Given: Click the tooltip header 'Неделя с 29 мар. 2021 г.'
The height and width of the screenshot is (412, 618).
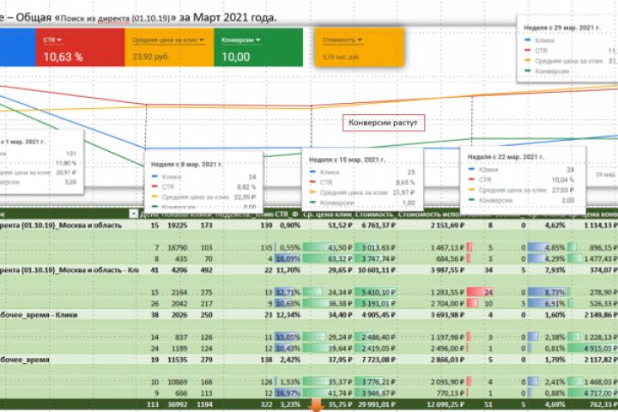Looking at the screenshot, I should click(x=563, y=27).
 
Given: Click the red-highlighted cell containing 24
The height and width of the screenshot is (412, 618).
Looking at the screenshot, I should click(x=488, y=291).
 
